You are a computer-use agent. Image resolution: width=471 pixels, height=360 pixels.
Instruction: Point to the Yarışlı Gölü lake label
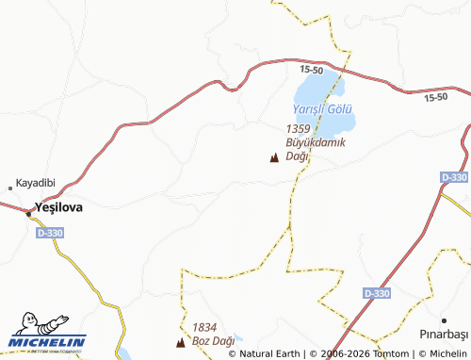pyautogui.click(x=322, y=109)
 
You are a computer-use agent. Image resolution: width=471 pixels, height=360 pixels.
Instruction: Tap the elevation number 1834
pyautogui.click(x=204, y=326)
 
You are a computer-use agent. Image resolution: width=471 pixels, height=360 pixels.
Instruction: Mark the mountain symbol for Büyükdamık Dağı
pyautogui.click(x=274, y=157)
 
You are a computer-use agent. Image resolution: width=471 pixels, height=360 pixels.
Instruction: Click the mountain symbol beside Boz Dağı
pyautogui.click(x=181, y=341)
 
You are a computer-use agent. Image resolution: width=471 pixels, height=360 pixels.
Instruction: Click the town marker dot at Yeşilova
pyautogui.click(x=28, y=213)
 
